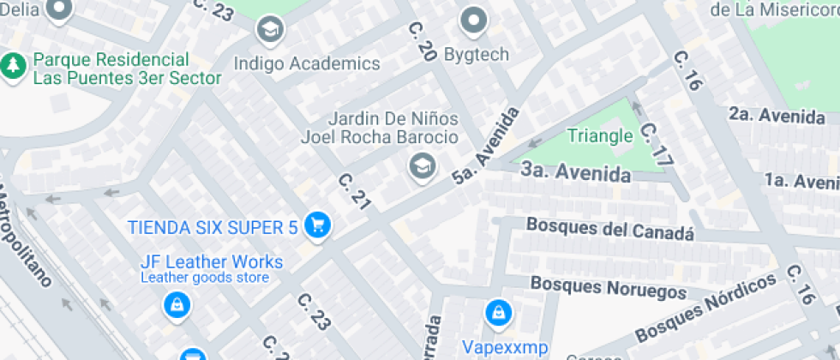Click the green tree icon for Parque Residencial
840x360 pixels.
[13, 65]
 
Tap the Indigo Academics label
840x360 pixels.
[307, 63]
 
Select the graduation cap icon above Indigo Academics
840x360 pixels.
[271, 29]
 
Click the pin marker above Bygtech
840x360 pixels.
[473, 21]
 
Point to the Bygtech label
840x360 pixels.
[476, 55]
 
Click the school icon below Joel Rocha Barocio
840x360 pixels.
[421, 165]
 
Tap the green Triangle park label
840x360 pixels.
[600, 136]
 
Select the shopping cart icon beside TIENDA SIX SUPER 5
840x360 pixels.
[318, 226]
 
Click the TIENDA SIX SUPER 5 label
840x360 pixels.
[213, 227]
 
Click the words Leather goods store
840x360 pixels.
[205, 278]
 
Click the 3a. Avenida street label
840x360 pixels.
[576, 173]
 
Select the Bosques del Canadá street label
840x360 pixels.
[609, 230]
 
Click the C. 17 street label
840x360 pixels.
[655, 143]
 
